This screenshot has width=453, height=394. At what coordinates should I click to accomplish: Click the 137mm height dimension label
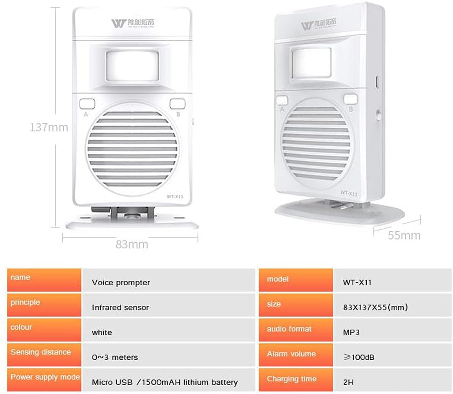[49, 127]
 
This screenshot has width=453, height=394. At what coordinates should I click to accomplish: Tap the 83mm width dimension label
[132, 244]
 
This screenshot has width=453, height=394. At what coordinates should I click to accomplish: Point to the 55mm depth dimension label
[404, 235]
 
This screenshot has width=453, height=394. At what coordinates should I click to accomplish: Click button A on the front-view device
[86, 104]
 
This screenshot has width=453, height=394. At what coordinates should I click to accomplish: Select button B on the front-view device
[177, 104]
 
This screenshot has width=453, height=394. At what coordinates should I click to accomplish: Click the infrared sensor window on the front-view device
[132, 65]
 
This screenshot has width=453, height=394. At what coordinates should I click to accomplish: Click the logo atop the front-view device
[132, 23]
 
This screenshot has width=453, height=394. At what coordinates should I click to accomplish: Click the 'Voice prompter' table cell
[121, 282]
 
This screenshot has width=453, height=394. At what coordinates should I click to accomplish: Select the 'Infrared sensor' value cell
[121, 307]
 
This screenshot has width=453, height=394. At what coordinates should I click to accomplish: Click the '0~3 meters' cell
[115, 357]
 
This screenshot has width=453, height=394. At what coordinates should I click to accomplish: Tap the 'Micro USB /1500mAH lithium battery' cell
[165, 382]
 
